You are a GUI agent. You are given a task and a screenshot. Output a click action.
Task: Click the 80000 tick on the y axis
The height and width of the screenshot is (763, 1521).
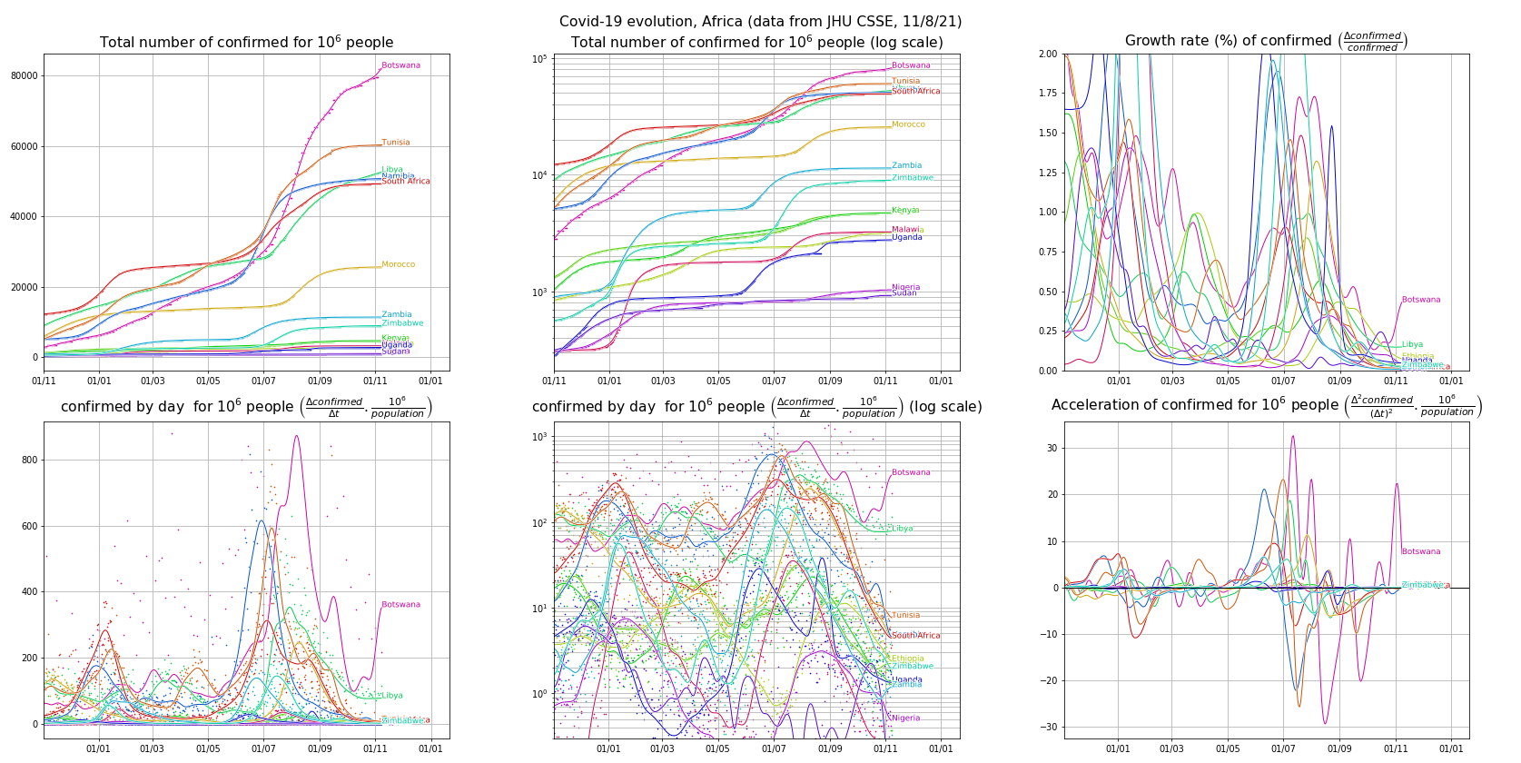[x=25, y=75]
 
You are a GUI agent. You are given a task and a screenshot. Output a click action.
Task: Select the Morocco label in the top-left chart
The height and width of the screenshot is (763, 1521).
[x=398, y=264]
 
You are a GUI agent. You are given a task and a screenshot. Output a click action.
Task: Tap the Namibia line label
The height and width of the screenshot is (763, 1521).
[x=398, y=176]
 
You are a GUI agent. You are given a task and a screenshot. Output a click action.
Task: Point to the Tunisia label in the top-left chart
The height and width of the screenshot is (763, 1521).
[x=395, y=143]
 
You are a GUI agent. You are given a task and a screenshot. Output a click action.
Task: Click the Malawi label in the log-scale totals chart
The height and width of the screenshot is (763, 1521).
[x=905, y=230]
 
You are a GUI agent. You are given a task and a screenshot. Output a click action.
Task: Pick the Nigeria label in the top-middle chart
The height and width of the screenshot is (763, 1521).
[x=905, y=287]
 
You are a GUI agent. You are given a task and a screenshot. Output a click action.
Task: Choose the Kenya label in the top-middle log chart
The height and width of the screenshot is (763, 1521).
[x=904, y=211]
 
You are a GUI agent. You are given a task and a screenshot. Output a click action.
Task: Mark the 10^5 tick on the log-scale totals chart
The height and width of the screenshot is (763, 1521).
[x=539, y=59]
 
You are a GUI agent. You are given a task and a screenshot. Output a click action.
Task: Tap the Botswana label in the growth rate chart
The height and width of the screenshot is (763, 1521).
[x=1420, y=300]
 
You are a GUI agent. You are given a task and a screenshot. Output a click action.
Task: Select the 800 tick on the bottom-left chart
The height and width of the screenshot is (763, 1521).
[x=30, y=460]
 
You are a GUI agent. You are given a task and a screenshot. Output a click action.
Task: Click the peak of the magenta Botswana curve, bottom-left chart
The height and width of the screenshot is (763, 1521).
[x=296, y=436]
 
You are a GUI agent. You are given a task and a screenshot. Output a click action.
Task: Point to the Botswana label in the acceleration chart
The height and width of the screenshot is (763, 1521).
[x=1420, y=551]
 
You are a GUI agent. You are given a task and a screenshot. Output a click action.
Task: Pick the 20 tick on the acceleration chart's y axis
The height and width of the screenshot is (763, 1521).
[x=1052, y=495]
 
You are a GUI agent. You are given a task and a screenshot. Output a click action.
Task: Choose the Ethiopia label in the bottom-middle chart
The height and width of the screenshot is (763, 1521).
[x=907, y=659]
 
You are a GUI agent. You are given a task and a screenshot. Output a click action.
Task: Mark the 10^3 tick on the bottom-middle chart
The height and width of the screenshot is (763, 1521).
[x=539, y=437]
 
